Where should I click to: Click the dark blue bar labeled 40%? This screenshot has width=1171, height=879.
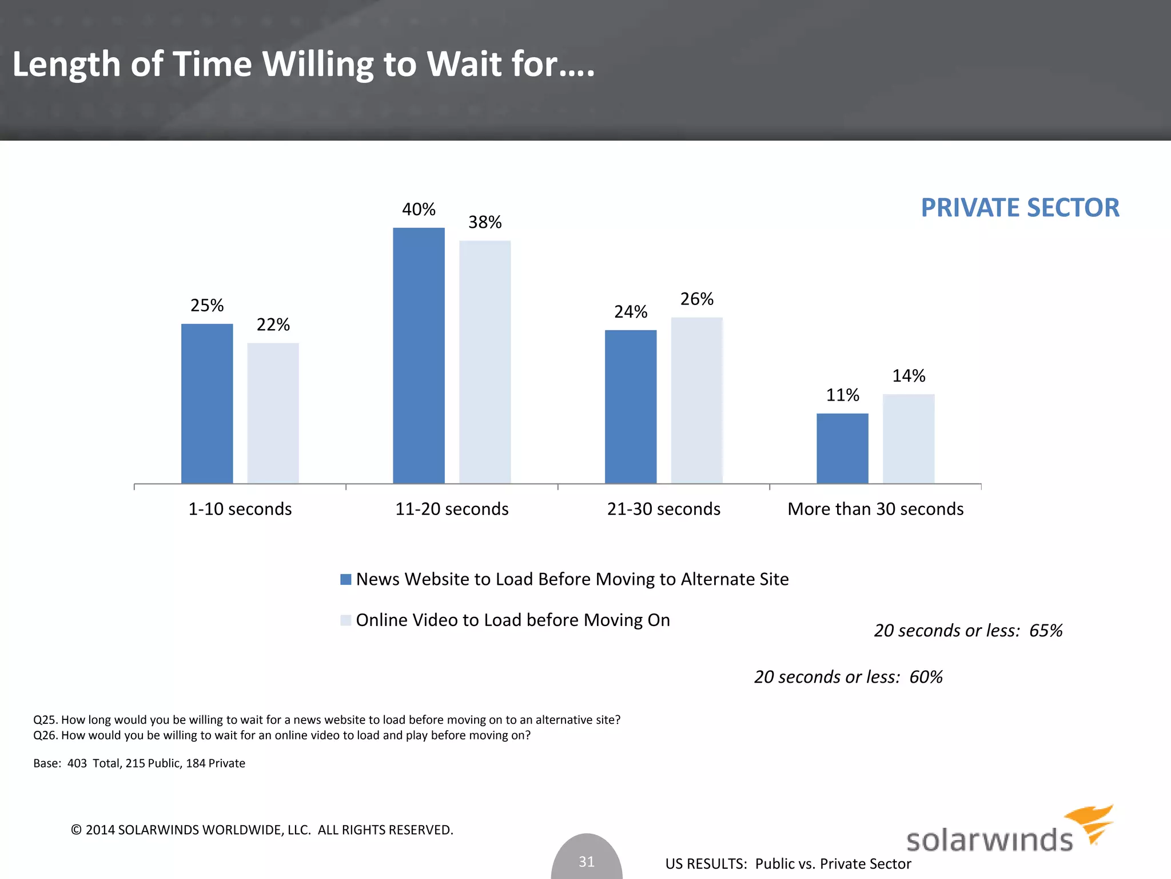click(419, 355)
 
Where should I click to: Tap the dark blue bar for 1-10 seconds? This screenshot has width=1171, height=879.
click(207, 403)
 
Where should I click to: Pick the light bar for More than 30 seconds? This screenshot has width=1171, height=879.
click(909, 438)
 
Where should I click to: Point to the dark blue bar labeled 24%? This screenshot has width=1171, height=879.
click(631, 406)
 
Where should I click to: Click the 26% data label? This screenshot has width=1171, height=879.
click(696, 299)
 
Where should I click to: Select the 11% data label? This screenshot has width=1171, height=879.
click(842, 395)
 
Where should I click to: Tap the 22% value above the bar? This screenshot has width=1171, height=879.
click(273, 324)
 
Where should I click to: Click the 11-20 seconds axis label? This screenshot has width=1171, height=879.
click(452, 509)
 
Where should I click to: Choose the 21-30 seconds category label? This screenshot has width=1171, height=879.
click(663, 509)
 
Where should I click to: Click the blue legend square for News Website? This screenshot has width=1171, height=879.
click(345, 579)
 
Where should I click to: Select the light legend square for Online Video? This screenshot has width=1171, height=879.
click(345, 620)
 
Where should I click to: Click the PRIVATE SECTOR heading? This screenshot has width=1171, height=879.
click(1019, 207)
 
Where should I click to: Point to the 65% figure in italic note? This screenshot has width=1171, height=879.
click(1046, 631)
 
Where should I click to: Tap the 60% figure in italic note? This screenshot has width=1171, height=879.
click(926, 677)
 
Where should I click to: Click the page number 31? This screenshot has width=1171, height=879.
click(587, 861)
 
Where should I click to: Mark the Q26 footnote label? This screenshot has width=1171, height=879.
click(45, 735)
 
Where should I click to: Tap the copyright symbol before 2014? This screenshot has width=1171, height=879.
click(76, 830)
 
